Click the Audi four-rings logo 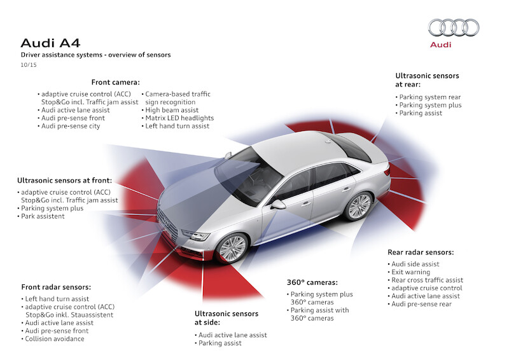tap(453, 27)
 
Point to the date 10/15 tap(29, 65)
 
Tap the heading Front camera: tap(115, 82)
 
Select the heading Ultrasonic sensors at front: tap(65, 180)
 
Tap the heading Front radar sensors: tap(56, 287)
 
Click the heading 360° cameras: tap(312, 282)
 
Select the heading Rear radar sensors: tap(421, 252)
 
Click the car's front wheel tap(232, 247)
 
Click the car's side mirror tap(278, 205)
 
